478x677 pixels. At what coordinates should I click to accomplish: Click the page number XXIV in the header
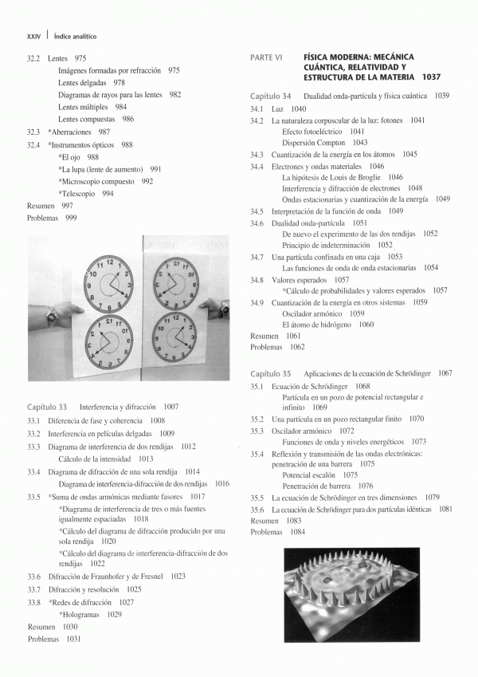[x=33, y=36]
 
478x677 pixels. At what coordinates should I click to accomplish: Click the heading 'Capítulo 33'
[x=47, y=406]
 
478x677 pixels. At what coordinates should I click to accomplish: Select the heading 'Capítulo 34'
[x=270, y=96]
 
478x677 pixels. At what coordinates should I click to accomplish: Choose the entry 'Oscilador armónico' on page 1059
[x=313, y=313]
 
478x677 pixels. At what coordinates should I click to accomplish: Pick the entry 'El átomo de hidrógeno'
[x=317, y=325]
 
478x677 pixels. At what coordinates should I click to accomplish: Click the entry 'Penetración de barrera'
[x=316, y=486]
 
